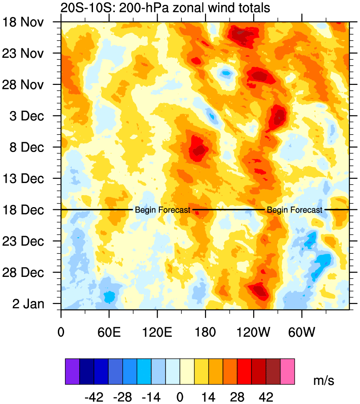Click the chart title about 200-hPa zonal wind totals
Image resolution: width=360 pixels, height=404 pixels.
pyautogui.click(x=165, y=8)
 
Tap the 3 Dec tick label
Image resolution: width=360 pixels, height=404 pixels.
pyautogui.click(x=28, y=116)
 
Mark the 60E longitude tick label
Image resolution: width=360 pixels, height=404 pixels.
pyautogui.click(x=109, y=332)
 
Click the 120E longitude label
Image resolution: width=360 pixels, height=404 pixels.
pyautogui.click(x=157, y=332)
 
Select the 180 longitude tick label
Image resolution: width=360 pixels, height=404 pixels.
pyautogui.click(x=205, y=332)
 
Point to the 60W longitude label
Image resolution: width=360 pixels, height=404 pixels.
pyautogui.click(x=302, y=332)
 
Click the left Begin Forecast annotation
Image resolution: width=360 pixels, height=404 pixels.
pyautogui.click(x=162, y=210)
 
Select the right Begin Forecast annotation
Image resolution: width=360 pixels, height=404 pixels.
pyautogui.click(x=294, y=210)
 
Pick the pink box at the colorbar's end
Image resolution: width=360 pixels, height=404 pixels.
pyautogui.click(x=287, y=371)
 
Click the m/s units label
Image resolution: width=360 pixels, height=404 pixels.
pyautogui.click(x=324, y=380)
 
